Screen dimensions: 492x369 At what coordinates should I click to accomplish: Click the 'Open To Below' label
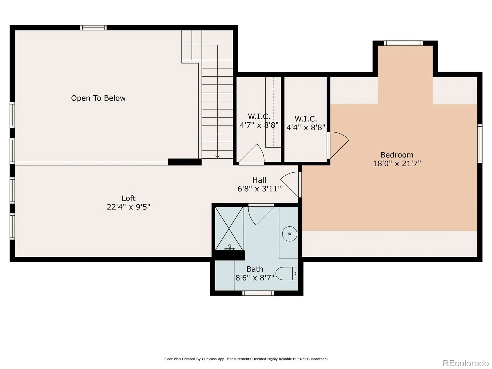98,98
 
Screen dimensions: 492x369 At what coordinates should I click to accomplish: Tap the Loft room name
129,198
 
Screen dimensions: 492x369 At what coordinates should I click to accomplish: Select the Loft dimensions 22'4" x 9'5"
129,207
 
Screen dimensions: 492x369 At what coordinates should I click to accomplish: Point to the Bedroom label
397,155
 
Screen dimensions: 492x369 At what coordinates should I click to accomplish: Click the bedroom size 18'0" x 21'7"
397,163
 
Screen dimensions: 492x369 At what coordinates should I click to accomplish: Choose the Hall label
259,180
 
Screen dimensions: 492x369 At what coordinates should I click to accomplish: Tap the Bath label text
255,269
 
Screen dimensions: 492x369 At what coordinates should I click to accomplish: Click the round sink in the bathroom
290,234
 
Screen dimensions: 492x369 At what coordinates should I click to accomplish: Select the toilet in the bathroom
287,274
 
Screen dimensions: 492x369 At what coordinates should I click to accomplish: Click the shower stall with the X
229,228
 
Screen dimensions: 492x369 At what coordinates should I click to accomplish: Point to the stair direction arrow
217,157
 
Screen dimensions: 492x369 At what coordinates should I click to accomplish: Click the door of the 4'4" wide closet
338,145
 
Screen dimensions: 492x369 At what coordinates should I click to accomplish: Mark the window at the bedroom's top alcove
403,43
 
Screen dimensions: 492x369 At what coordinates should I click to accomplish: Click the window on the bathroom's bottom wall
258,293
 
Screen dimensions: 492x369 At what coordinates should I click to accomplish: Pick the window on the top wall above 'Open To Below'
93,28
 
